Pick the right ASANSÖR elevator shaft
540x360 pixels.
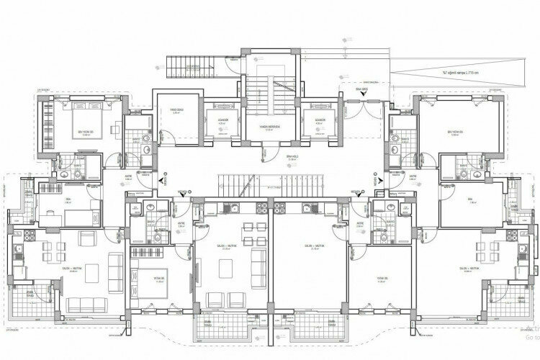(x=318, y=121)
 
